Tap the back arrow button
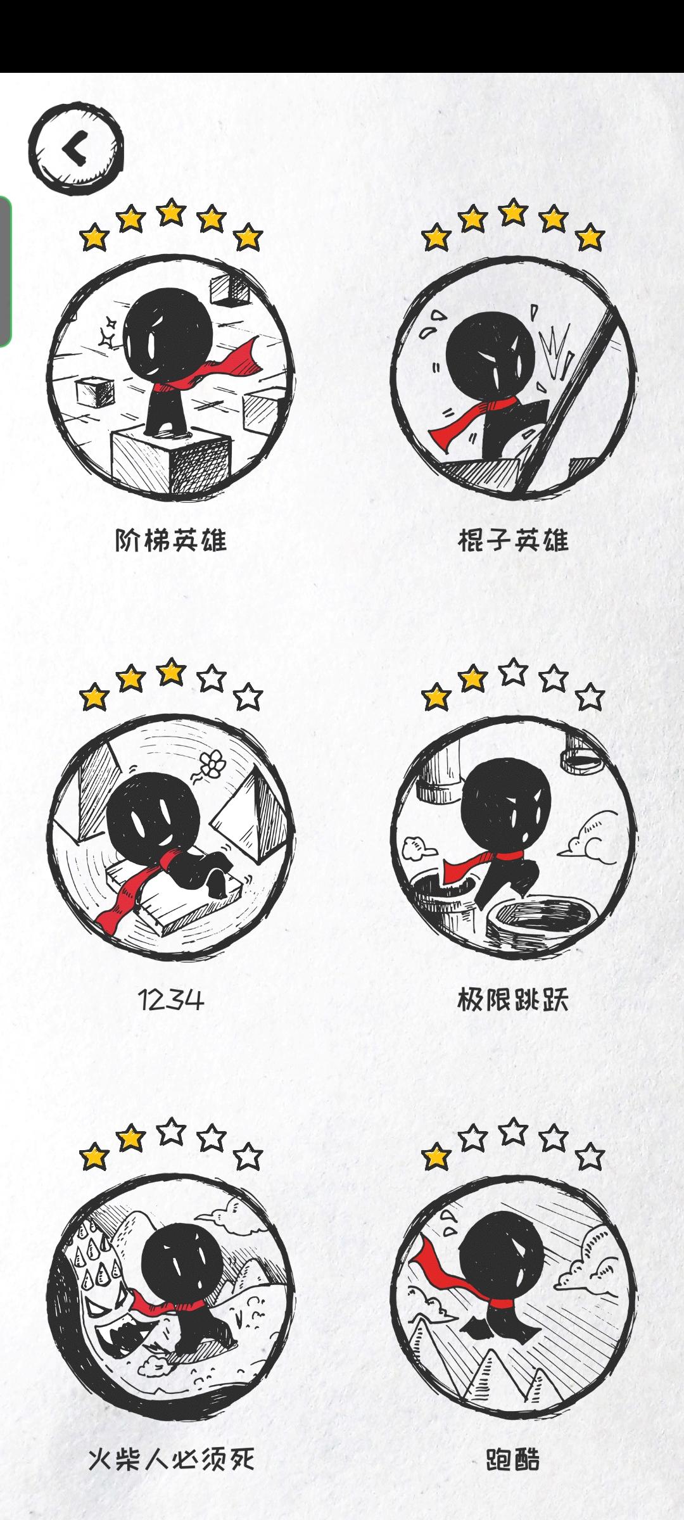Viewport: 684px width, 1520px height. pos(77,149)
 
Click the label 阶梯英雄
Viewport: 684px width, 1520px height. pos(171,540)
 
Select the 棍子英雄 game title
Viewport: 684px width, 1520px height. pos(513,540)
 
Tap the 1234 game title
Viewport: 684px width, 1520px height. pos(171,1000)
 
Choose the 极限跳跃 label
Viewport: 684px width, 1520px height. pos(513,1000)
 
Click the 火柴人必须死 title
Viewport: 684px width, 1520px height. pos(171,1460)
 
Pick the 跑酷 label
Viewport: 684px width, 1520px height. pos(513,1460)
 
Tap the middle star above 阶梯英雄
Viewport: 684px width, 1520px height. pos(171,212)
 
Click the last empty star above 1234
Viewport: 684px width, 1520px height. pos(248,697)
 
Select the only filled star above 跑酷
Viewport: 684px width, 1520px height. pos(436,1157)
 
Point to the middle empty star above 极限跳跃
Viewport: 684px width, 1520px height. pos(513,672)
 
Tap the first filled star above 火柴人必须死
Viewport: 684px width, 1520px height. pos(94,1157)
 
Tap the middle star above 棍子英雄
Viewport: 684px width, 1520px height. pos(513,212)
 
